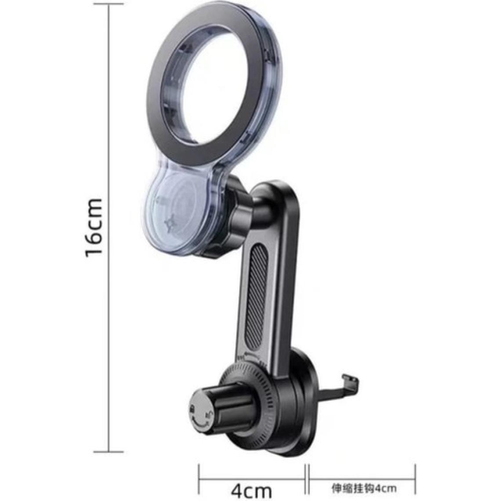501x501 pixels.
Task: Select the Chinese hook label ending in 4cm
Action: (x=364, y=488)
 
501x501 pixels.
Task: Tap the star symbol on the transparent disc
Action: (x=169, y=222)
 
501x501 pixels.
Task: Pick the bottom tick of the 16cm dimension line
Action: (x=109, y=451)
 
